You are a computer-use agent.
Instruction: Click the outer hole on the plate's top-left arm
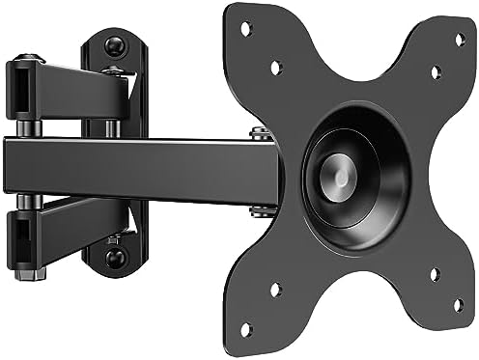click(x=245, y=29)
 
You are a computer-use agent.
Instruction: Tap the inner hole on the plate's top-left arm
click(x=275, y=68)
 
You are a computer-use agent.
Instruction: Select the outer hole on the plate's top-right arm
click(x=460, y=40)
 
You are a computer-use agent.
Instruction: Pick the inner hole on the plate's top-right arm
click(x=436, y=72)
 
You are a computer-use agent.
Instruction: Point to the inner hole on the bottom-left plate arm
click(x=276, y=288)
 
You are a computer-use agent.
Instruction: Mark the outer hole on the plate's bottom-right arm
click(x=458, y=305)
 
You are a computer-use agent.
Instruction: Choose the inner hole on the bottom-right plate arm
click(x=434, y=274)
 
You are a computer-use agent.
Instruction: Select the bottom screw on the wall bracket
click(x=115, y=258)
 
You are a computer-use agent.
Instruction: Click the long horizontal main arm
click(x=145, y=170)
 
